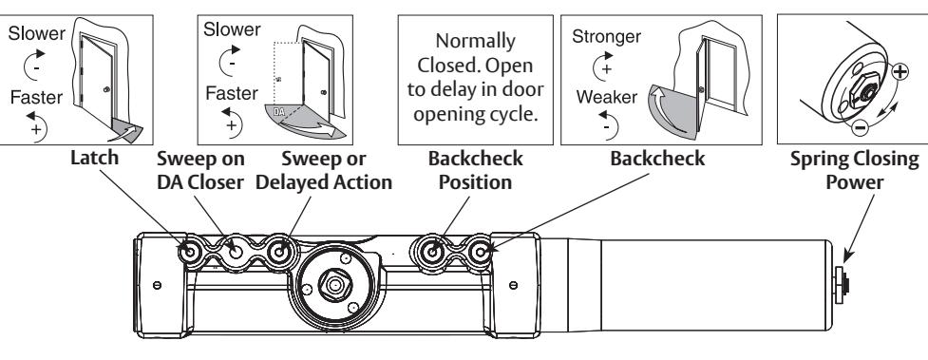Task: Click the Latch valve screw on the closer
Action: (191, 253)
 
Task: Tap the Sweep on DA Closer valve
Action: (236, 253)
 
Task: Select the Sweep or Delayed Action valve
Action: (278, 253)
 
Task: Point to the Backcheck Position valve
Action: (432, 253)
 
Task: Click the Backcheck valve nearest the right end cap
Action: (480, 253)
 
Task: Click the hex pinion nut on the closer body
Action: (335, 285)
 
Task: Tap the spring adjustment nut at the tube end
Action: (841, 285)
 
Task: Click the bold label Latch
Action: (94, 158)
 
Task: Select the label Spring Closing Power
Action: (855, 171)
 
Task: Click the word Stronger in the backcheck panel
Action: (606, 37)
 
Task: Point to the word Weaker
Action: (607, 97)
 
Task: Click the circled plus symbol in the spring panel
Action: (900, 71)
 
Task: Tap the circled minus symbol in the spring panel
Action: (861, 126)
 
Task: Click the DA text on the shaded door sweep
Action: (279, 111)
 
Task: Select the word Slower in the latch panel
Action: (37, 33)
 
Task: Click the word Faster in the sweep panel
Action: (232, 93)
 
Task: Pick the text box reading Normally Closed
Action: (475, 80)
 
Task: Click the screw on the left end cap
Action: (157, 285)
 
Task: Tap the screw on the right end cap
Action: (513, 285)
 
